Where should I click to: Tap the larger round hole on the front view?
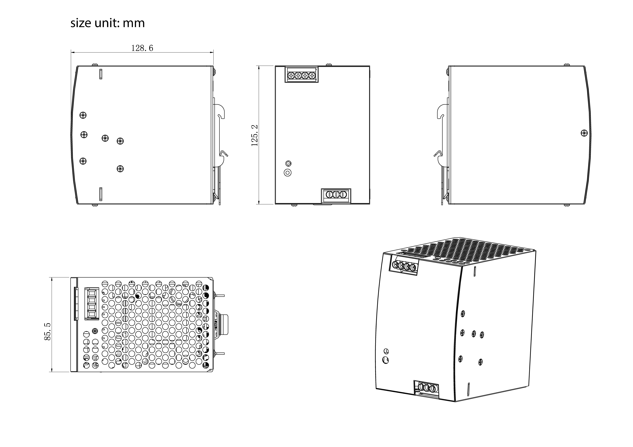coord(288,173)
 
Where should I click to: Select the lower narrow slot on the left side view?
coord(101,194)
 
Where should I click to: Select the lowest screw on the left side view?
coord(120,169)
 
